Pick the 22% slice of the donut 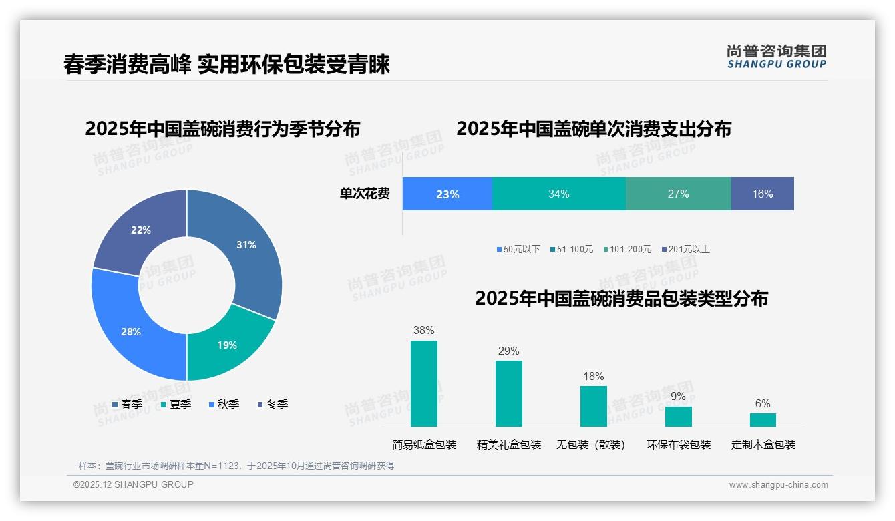click(144, 230)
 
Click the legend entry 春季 click(127, 404)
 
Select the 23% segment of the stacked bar click(447, 194)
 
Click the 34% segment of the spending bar click(558, 194)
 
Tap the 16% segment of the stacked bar click(762, 194)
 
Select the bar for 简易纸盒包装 click(424, 383)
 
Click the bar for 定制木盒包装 click(763, 419)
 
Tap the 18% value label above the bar click(593, 376)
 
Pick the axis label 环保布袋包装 click(678, 444)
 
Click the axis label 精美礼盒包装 click(508, 444)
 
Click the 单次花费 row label click(365, 194)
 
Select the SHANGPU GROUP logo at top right click(776, 57)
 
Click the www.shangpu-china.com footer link click(778, 485)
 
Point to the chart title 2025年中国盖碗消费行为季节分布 click(222, 128)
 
